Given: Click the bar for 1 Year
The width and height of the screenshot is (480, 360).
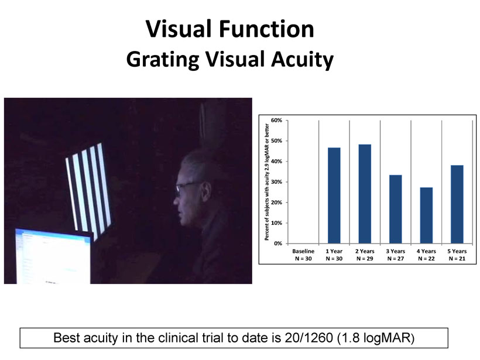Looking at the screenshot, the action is pyautogui.click(x=334, y=196).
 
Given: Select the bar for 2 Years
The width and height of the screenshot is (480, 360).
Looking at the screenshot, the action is pyautogui.click(x=365, y=194).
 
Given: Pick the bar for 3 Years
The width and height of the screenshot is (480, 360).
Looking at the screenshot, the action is pyautogui.click(x=396, y=209).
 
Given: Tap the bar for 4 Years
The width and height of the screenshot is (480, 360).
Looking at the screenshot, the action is pyautogui.click(x=426, y=215).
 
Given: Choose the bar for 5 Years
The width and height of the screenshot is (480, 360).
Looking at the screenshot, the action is pyautogui.click(x=457, y=204).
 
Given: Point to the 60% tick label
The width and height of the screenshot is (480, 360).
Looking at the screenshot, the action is pyautogui.click(x=276, y=121).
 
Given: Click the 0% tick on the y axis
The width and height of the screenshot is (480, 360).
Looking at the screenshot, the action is pyautogui.click(x=278, y=244).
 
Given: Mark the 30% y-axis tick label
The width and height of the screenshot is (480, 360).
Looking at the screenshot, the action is pyautogui.click(x=276, y=182).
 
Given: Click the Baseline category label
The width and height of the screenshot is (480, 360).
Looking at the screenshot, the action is pyautogui.click(x=303, y=251).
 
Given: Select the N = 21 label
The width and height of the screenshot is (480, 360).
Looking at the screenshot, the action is pyautogui.click(x=457, y=259).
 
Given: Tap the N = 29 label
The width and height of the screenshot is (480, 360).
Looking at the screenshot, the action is pyautogui.click(x=365, y=259).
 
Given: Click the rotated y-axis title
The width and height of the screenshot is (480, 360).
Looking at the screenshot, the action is pyautogui.click(x=266, y=182).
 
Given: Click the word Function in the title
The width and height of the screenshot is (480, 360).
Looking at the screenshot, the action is pyautogui.click(x=266, y=29).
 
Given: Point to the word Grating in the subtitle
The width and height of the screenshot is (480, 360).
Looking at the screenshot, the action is pyautogui.click(x=163, y=59).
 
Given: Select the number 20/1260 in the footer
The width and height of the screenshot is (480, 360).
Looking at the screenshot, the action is pyautogui.click(x=308, y=338).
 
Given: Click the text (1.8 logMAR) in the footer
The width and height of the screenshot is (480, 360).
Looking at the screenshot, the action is pyautogui.click(x=376, y=338).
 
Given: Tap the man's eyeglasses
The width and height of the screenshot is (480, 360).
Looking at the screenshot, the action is pyautogui.click(x=188, y=187).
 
